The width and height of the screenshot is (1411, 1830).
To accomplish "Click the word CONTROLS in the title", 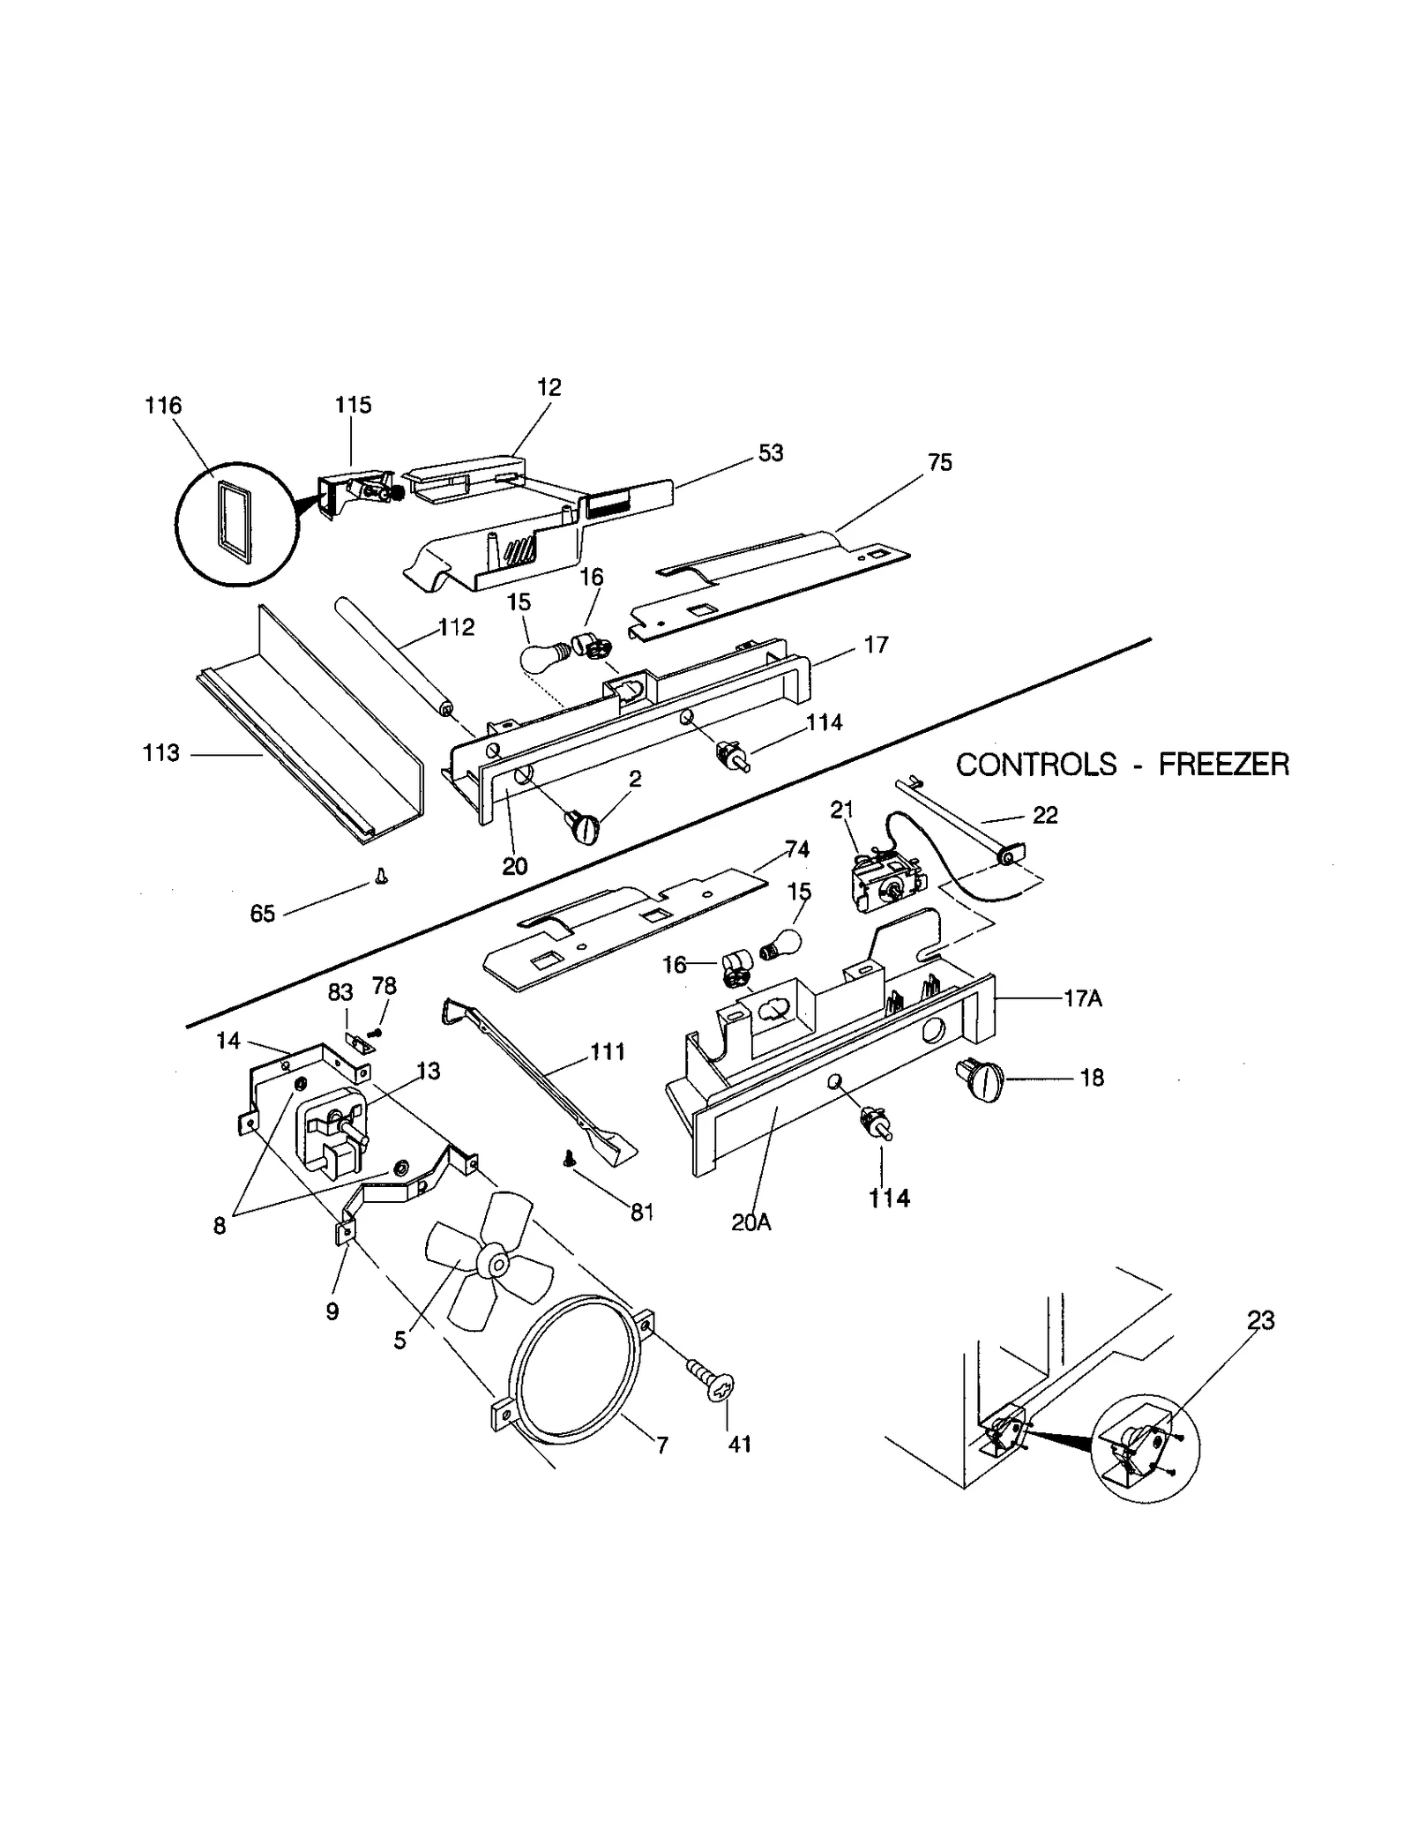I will [x=1035, y=764].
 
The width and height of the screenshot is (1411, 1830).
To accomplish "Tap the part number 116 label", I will [x=163, y=406].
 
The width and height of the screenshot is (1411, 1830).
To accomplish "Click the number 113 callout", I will [x=161, y=753].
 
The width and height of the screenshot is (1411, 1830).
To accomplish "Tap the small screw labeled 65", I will [x=382, y=876].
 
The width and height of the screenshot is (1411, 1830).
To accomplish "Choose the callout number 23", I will [x=1260, y=1320].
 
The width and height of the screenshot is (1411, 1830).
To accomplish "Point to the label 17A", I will [x=1083, y=998].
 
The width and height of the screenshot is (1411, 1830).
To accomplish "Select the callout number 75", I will [x=940, y=462].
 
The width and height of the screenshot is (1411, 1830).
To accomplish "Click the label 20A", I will [x=750, y=1222].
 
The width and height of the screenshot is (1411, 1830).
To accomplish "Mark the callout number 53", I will [x=770, y=452].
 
